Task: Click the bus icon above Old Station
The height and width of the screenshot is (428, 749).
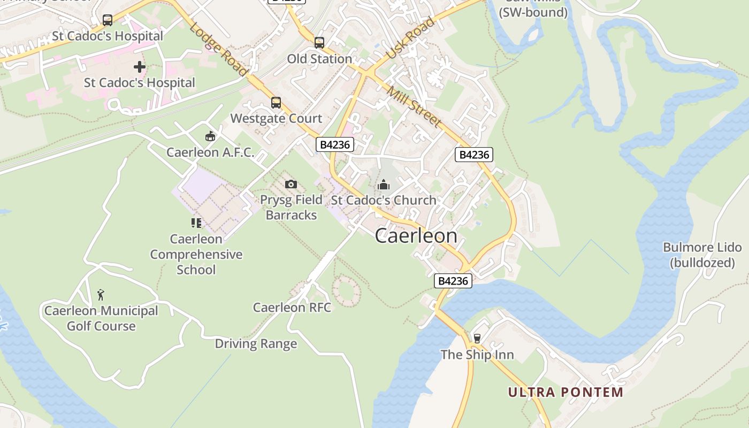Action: pyautogui.click(x=319, y=42)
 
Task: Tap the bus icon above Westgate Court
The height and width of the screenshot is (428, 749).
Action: pyautogui.click(x=276, y=102)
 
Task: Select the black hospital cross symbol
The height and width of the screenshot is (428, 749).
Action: pyautogui.click(x=140, y=67)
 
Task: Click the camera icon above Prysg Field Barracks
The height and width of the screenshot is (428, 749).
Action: pyautogui.click(x=291, y=185)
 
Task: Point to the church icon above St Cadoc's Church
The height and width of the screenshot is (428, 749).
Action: pyautogui.click(x=384, y=185)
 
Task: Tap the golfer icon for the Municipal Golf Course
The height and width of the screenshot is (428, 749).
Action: pyautogui.click(x=101, y=295)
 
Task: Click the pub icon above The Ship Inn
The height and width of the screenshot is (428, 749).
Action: pyautogui.click(x=477, y=338)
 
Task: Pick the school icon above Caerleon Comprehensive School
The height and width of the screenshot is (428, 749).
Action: pyautogui.click(x=196, y=223)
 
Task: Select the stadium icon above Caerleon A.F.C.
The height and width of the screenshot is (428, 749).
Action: pyautogui.click(x=210, y=136)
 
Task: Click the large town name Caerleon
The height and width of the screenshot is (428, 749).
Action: pyautogui.click(x=416, y=236)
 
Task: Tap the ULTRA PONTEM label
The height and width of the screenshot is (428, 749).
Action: pyautogui.click(x=565, y=392)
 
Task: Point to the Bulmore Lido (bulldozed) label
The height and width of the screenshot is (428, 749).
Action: pyautogui.click(x=702, y=255)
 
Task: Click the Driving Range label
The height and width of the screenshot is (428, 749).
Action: pyautogui.click(x=256, y=343)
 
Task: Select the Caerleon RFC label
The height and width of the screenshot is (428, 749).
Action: pyautogui.click(x=292, y=308)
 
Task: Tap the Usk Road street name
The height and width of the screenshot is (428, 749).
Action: pyautogui.click(x=410, y=38)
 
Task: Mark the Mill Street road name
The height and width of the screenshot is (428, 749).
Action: pyautogui.click(x=415, y=106)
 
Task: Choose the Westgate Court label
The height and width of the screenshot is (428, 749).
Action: pyautogui.click(x=276, y=118)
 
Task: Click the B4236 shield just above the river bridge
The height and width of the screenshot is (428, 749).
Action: pyautogui.click(x=453, y=281)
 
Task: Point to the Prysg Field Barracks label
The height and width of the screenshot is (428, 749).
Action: pyautogui.click(x=291, y=207)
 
